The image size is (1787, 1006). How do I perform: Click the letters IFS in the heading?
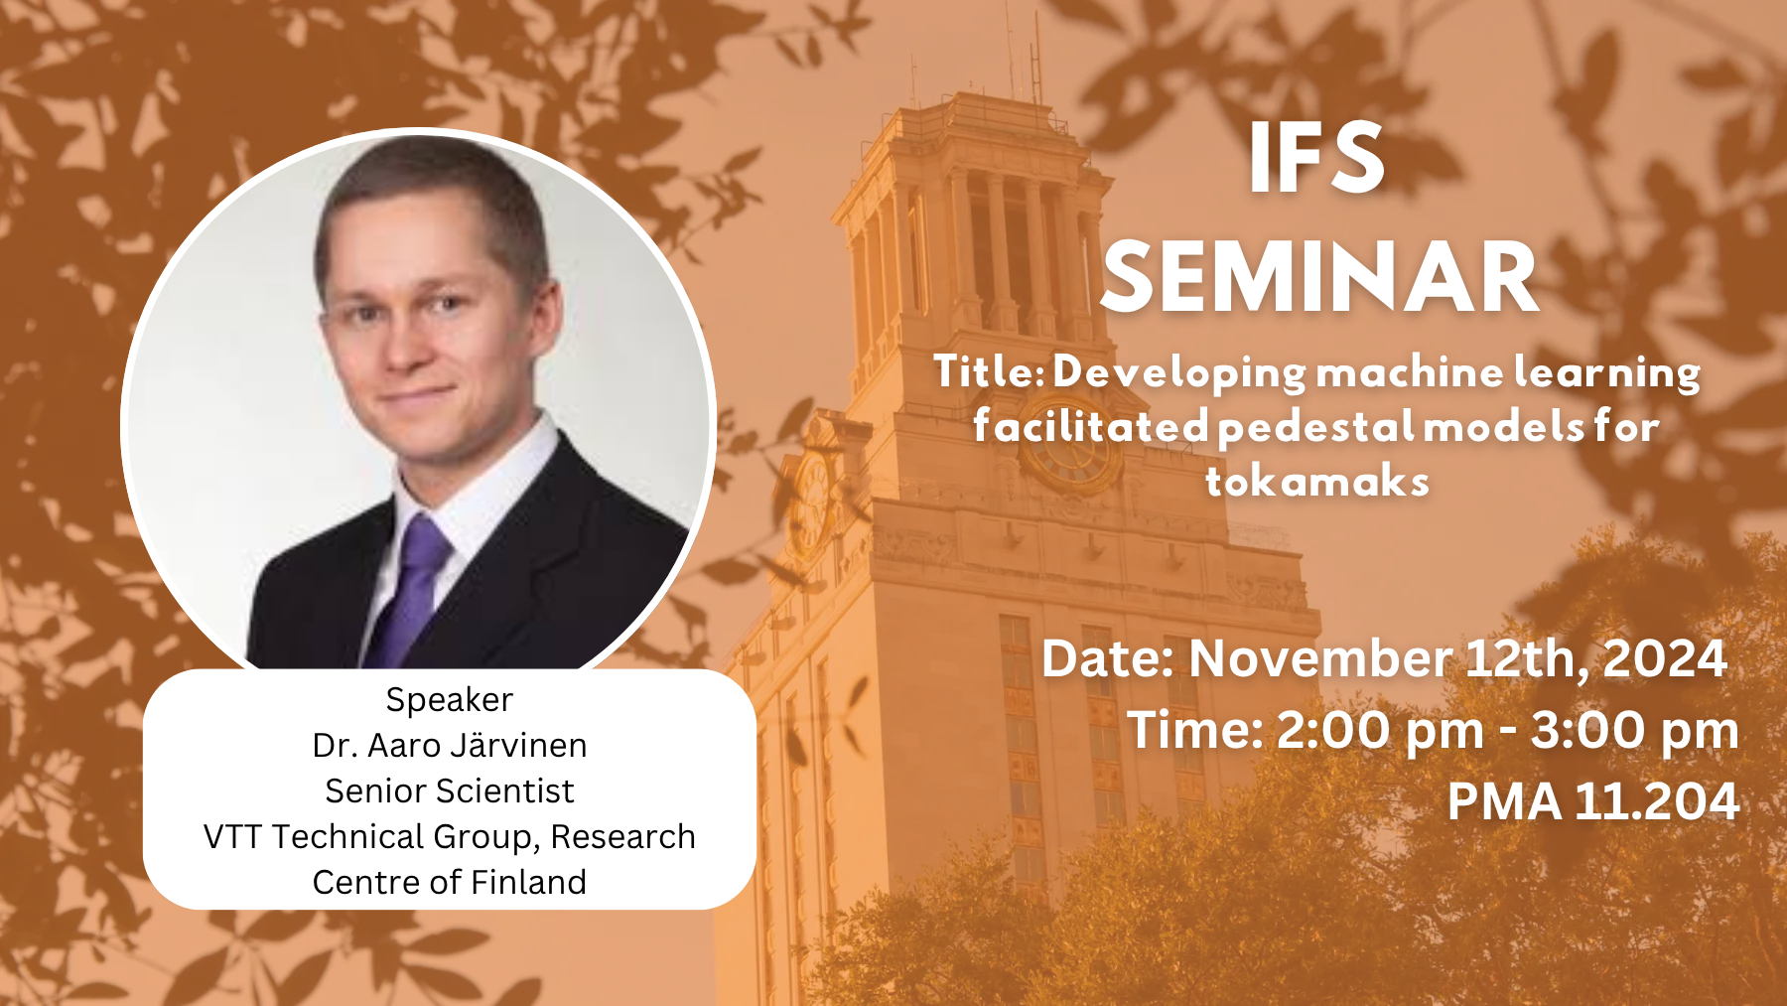tap(1316, 158)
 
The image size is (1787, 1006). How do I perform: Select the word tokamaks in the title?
tap(1317, 482)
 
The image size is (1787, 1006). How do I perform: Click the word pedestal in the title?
tap(1316, 427)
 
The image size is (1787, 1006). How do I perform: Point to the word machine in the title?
tap(1410, 372)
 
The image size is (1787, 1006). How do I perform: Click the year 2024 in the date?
tap(1665, 658)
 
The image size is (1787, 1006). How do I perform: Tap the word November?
tap(1321, 658)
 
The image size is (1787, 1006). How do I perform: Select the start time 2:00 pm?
tap(1380, 732)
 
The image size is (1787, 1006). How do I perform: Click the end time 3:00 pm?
tap(1635, 732)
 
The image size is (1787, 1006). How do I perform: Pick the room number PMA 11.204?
tap(1593, 801)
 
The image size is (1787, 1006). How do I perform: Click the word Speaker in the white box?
tap(450, 701)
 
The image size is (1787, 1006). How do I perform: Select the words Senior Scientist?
tap(450, 790)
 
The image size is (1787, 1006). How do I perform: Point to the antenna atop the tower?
tap(1036, 55)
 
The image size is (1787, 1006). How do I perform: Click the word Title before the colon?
tap(984, 372)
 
